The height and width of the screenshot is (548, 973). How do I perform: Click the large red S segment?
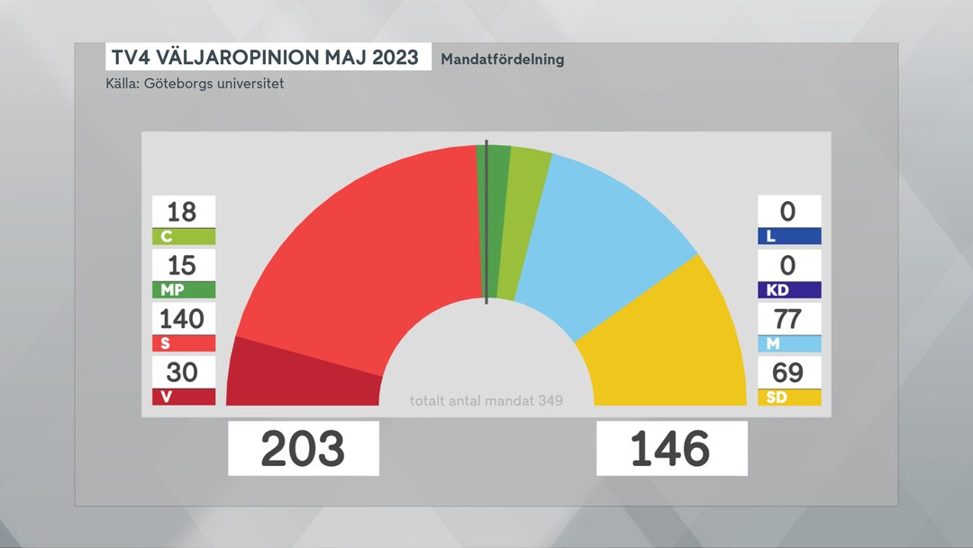(x=360, y=252)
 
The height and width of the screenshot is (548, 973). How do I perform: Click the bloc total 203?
(x=303, y=449)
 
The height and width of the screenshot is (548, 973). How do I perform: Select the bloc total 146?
(x=671, y=449)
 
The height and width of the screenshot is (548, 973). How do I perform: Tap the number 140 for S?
(x=184, y=318)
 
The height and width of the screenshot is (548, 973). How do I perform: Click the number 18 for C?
(x=184, y=212)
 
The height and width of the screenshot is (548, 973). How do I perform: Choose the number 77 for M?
(x=789, y=318)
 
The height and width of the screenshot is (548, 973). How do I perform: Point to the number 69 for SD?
(x=789, y=371)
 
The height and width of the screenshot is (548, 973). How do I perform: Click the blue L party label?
(x=789, y=236)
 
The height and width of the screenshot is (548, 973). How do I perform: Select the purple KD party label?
(x=789, y=289)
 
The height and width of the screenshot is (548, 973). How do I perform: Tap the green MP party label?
(x=184, y=289)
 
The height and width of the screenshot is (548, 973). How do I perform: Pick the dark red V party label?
(x=184, y=397)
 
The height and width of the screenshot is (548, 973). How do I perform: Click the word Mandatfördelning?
(x=503, y=59)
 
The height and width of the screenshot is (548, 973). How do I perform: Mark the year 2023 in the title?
(x=389, y=58)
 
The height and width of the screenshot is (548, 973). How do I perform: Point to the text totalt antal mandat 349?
(x=486, y=400)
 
